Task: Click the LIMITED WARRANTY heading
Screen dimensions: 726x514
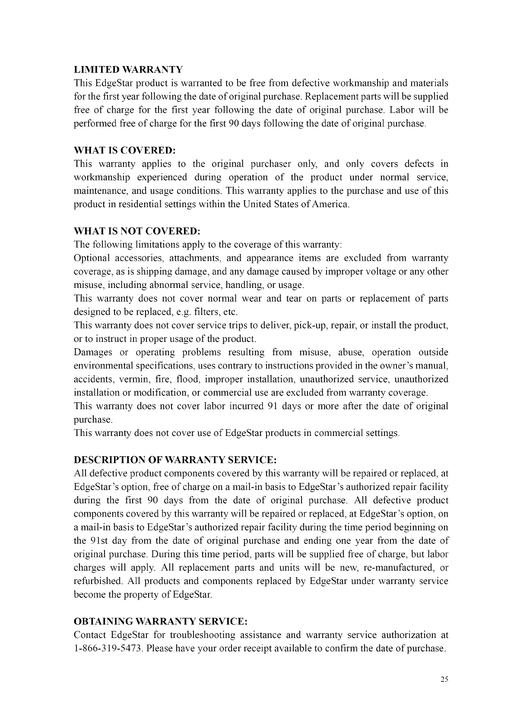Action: pyautogui.click(x=128, y=70)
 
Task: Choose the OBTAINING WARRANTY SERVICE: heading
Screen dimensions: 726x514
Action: pyautogui.click(x=161, y=622)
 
